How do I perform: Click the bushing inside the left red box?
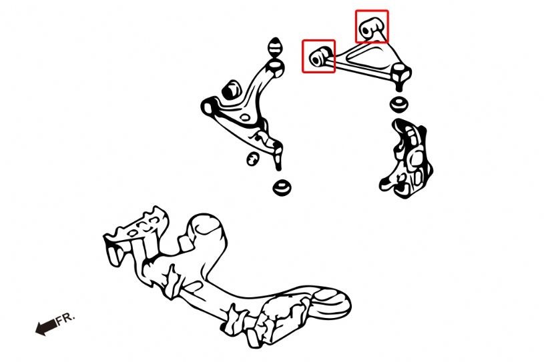click(319, 57)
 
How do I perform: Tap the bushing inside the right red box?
click(370, 27)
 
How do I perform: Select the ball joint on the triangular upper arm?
click(401, 76)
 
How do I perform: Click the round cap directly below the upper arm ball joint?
click(399, 105)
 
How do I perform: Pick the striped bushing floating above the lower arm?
click(275, 47)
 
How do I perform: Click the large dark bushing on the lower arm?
click(231, 91)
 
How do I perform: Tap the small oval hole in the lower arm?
click(245, 117)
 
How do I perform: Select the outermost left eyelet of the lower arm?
click(208, 107)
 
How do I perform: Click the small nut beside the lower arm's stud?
click(253, 159)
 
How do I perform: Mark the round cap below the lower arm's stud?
click(282, 187)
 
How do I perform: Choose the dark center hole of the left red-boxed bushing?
click(316, 60)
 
